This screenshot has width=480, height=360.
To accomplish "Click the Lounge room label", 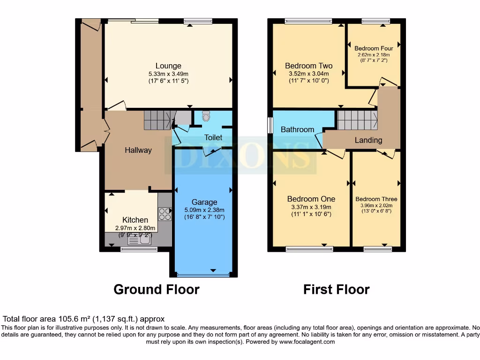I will coord(168,66).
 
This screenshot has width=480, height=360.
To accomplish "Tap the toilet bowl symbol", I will coord(206,116).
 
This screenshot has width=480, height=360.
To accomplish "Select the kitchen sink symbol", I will coord(139,240).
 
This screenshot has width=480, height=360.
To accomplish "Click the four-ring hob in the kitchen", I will coord(165,214).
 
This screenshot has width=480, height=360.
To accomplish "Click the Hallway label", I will coord(138,150).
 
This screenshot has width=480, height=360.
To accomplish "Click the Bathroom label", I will coord(297,129).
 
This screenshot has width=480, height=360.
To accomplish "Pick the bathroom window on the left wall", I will coord(270,125).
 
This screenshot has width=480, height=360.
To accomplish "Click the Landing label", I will coord(368,140).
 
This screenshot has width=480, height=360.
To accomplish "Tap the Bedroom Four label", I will coord(374,48).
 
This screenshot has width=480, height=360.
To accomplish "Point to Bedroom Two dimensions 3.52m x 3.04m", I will coord(309,74).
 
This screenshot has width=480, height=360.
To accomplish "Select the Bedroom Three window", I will coord(378,249).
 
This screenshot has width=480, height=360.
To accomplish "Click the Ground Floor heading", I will coord(157,290).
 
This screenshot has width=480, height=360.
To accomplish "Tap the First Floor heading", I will coord(336,290).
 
